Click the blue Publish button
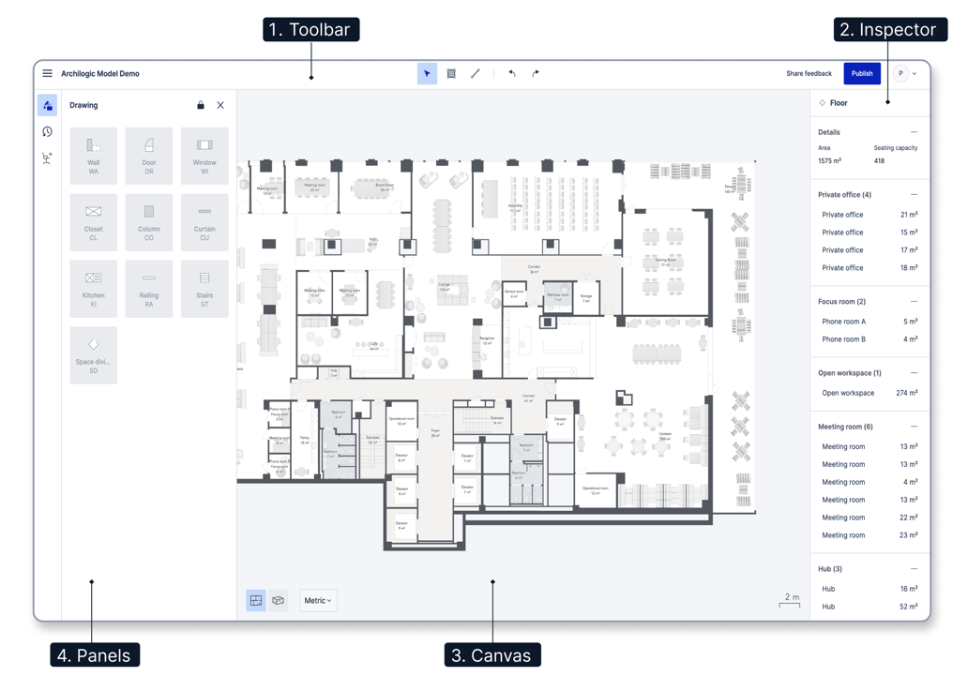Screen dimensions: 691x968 click(861, 73)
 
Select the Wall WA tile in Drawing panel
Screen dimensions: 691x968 click(94, 156)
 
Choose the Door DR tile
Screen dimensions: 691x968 click(149, 156)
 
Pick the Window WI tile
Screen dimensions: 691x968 click(204, 156)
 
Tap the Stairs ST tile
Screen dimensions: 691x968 click(204, 289)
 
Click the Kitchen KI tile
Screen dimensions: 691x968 click(94, 289)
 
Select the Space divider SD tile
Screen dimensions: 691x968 click(94, 355)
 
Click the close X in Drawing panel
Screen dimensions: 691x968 click(220, 105)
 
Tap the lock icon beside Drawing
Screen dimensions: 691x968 click(200, 105)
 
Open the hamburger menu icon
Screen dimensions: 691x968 click(47, 73)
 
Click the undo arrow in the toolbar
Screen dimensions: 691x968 click(512, 73)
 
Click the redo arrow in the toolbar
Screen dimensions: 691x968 click(536, 73)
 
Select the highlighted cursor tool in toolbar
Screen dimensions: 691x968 click(427, 73)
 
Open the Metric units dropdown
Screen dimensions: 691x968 click(318, 600)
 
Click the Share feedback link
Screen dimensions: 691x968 click(809, 73)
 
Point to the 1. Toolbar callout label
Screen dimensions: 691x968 click(310, 30)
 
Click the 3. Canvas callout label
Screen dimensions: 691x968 click(492, 655)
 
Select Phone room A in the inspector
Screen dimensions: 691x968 click(844, 322)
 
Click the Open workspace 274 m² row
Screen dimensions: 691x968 click(869, 393)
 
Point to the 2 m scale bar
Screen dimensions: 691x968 click(791, 601)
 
